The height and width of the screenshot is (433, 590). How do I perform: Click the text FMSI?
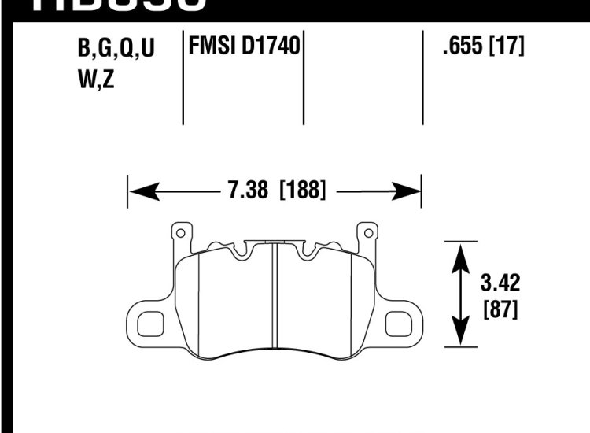pyautogui.click(x=208, y=47)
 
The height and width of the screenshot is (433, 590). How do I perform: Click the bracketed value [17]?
pyautogui.click(x=507, y=47)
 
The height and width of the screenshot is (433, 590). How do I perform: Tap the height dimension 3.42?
pyautogui.click(x=497, y=282)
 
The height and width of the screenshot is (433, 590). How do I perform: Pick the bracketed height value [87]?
pyautogui.click(x=499, y=309)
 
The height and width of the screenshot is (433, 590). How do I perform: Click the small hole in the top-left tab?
pyautogui.click(x=180, y=233)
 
